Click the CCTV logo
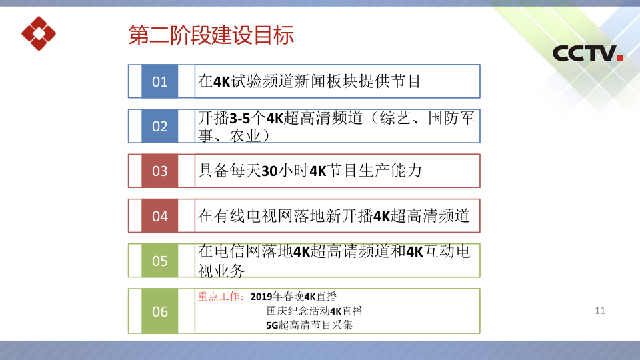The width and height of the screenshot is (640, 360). pos(587,53)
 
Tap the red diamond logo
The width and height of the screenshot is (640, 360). pos(39,33)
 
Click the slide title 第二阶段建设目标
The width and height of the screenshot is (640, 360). pos(211,35)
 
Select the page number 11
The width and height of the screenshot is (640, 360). pos(600,311)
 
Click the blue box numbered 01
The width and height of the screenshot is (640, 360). pos(159,81)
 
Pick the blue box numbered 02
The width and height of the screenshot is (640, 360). pos(159,126)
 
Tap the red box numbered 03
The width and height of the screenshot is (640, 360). pos(159,171)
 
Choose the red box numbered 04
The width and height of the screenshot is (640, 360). pos(159,216)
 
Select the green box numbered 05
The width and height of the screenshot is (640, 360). pos(159,261)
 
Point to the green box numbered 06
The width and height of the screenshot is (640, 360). pos(159,311)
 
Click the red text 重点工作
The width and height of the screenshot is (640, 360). pos(219,296)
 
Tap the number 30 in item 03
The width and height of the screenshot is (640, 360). pos(269,171)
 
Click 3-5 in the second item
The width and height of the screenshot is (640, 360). pos(240,119)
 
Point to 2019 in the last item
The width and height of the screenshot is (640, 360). pos(261,297)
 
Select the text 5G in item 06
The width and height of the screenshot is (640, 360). pos(272,325)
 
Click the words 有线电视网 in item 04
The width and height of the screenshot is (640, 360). pos(253,216)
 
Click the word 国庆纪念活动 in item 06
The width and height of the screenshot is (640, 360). pos(298,311)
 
